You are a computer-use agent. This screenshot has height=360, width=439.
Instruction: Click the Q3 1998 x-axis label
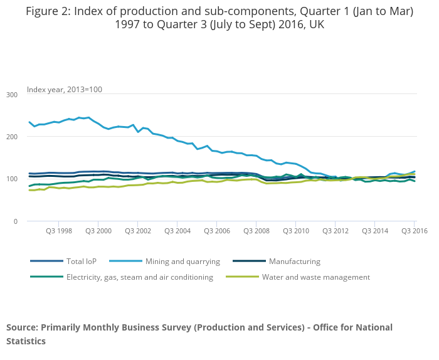point(58,231)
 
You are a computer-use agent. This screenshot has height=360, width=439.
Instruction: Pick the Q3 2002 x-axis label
point(137,231)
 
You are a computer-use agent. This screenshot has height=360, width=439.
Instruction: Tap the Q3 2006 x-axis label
point(216,231)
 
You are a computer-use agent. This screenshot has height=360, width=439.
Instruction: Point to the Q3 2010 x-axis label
point(295,231)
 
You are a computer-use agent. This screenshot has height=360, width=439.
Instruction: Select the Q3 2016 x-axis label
point(414,231)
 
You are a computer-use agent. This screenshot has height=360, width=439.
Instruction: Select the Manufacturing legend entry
point(294,262)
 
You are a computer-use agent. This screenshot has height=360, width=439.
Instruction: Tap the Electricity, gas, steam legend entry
point(139,277)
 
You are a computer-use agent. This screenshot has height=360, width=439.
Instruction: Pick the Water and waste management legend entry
point(315,277)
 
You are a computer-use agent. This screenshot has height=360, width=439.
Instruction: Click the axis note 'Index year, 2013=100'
point(64,90)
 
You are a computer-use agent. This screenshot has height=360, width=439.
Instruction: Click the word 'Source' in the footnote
point(22,327)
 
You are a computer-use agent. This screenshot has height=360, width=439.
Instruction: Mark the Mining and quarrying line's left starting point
point(29,122)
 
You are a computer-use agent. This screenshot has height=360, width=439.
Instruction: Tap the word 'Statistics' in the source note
point(26,341)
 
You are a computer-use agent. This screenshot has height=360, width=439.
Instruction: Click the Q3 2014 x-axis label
point(374,231)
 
